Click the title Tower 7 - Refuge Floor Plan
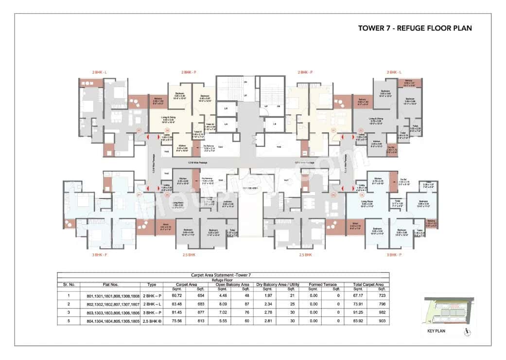(415, 28)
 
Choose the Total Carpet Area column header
(365, 285)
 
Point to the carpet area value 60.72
(170, 296)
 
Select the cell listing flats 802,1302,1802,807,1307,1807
(113, 304)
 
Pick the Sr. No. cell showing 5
(69, 321)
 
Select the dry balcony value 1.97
(263, 296)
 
